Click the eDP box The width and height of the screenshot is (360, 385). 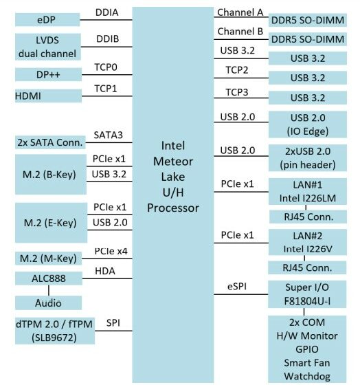click(47, 20)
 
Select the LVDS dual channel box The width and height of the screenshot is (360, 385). click(48, 47)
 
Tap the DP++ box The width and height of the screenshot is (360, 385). click(48, 74)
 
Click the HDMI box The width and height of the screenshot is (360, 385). click(48, 96)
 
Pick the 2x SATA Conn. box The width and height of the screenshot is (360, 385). click(50, 142)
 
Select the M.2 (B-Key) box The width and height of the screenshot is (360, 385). click(51, 175)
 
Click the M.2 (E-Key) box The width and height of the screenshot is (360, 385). click(51, 223)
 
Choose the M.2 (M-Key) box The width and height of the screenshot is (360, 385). click(48, 258)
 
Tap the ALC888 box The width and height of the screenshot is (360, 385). click(49, 278)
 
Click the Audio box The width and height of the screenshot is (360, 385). click(48, 302)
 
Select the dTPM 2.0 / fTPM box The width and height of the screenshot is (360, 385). click(55, 331)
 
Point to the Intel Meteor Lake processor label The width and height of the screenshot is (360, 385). click(173, 177)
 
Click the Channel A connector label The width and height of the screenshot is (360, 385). click(240, 12)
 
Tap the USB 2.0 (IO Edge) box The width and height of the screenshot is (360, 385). click(308, 124)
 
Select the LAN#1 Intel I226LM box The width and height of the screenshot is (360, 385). click(308, 192)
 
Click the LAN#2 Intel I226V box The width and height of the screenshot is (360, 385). click(308, 242)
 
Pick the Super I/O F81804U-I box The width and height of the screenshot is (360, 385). click(307, 294)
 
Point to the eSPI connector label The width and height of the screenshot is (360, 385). click(237, 286)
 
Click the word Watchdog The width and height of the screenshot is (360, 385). click(307, 376)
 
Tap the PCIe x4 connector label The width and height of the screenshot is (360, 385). click(111, 251)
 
